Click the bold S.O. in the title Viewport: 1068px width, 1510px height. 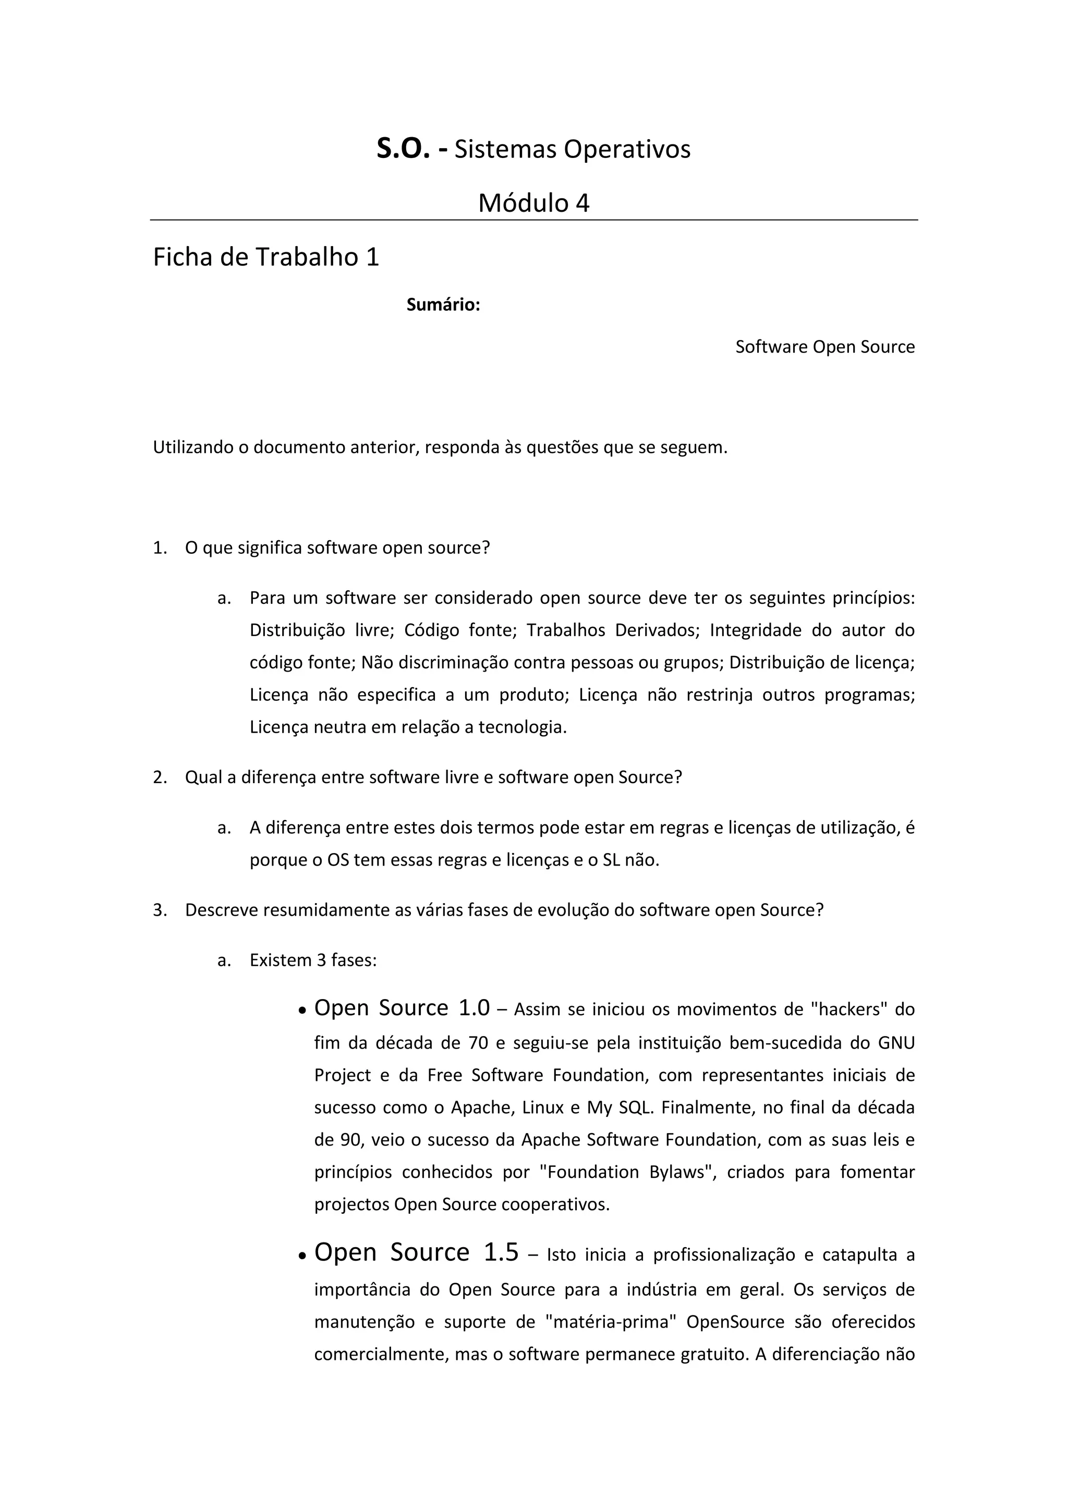403,149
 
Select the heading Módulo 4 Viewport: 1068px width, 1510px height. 533,203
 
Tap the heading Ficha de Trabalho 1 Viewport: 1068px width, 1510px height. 266,257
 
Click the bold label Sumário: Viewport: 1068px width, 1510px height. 443,305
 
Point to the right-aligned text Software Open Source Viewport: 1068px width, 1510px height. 824,347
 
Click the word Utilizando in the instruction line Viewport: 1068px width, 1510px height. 193,447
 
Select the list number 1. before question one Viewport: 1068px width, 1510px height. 160,548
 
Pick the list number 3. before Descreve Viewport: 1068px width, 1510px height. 160,910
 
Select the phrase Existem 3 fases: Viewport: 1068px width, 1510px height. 313,960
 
